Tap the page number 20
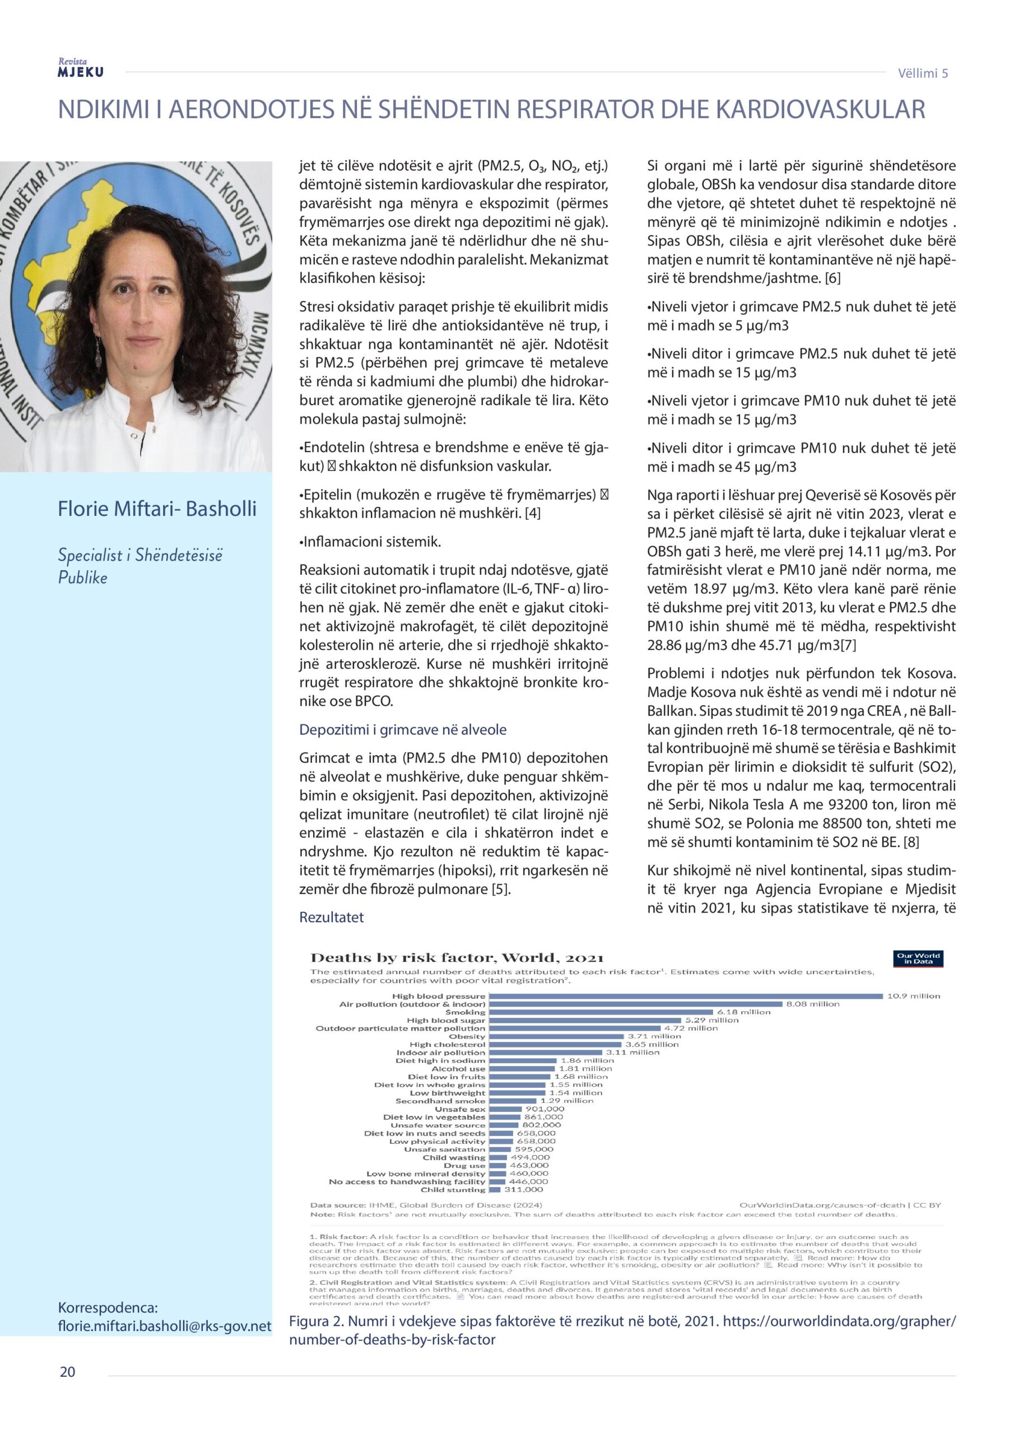67,1372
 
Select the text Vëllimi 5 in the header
922,73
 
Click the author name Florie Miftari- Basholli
157,509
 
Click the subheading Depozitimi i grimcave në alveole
402,729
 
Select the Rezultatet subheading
331,917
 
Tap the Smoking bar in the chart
601,1012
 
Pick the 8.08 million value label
812,1004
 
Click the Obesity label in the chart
467,1036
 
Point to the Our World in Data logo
917,958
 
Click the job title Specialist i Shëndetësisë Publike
140,566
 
